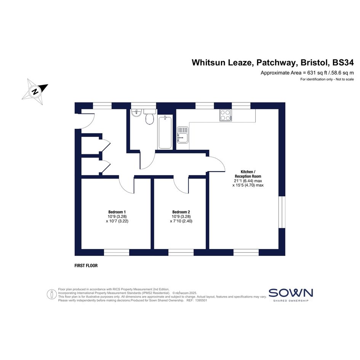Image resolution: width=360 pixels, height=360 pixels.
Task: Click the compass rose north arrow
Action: pyautogui.click(x=35, y=91)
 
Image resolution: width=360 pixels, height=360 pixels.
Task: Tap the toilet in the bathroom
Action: pyautogui.click(x=149, y=117)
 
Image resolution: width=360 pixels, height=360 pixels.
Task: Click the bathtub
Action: pyautogui.click(x=165, y=133)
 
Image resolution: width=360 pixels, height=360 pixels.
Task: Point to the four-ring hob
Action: pyautogui.click(x=225, y=115)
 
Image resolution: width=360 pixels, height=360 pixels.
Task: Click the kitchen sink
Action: pyautogui.click(x=183, y=135)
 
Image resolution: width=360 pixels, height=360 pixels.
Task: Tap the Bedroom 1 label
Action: pyautogui.click(x=117, y=212)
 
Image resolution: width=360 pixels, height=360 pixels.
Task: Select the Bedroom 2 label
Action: pyautogui.click(x=181, y=212)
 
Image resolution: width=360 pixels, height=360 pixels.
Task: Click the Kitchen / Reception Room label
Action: pyautogui.click(x=248, y=174)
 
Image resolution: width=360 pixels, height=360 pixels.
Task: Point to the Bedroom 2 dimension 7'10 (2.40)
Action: pyautogui.click(x=181, y=221)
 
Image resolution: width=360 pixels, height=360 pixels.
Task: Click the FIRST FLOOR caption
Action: pyautogui.click(x=86, y=266)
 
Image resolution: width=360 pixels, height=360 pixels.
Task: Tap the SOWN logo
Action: pyautogui.click(x=291, y=295)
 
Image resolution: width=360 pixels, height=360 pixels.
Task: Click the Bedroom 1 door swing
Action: pyautogui.click(x=126, y=185)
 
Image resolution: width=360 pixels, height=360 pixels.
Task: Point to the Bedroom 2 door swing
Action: pyautogui.click(x=181, y=185)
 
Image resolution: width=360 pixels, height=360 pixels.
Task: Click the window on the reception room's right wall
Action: pyautogui.click(x=282, y=212)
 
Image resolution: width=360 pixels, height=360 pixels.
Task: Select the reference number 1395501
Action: pyautogui.click(x=201, y=300)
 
